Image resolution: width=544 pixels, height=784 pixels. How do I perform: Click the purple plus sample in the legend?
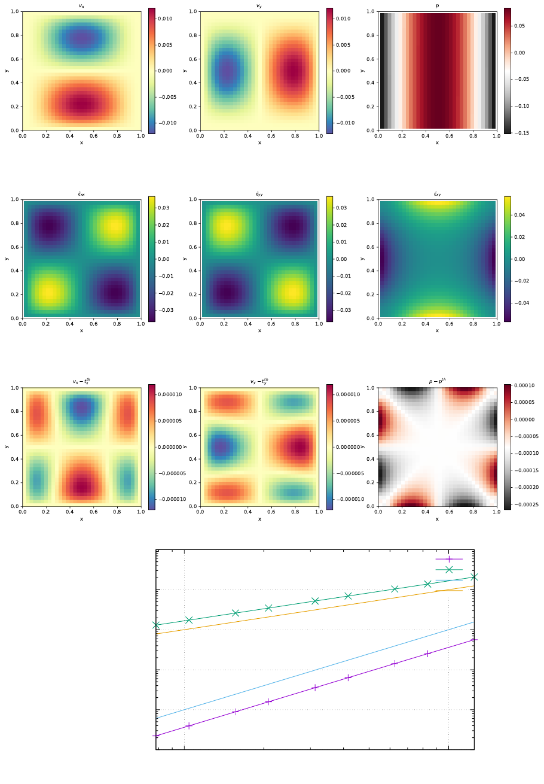[x=449, y=559]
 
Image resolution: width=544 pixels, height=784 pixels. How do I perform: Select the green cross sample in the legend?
[x=449, y=569]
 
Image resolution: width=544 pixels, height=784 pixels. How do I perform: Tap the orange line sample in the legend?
[x=449, y=591]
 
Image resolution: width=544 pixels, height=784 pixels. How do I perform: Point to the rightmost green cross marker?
[x=474, y=577]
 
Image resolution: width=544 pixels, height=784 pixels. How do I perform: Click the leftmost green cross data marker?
[x=156, y=625]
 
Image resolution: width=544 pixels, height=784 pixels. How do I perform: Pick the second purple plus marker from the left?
[x=189, y=725]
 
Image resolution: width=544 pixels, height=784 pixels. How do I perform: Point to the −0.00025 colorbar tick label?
[x=525, y=505]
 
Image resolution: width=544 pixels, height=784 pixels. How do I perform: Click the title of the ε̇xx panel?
[x=81, y=194]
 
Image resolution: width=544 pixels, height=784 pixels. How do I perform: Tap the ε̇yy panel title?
[x=259, y=194]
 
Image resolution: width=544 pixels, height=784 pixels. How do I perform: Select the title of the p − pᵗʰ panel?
[x=437, y=381]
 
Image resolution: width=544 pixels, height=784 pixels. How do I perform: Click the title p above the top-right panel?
[x=437, y=6]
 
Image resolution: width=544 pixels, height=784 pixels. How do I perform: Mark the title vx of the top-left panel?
[x=81, y=6]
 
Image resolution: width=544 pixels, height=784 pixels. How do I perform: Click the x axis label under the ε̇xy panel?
[x=437, y=330]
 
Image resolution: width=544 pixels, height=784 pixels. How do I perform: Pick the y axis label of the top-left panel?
[x=7, y=71]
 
